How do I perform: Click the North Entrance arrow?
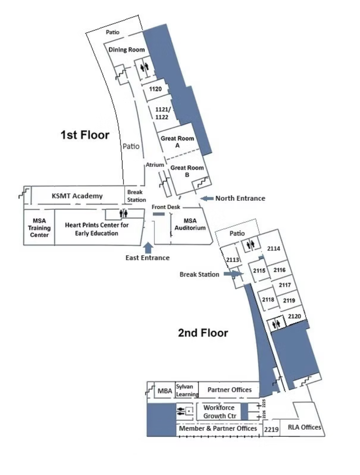click(x=207, y=198)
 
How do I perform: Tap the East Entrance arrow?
click(x=148, y=247)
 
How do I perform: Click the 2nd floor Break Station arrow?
click(x=233, y=274)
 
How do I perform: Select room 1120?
click(x=156, y=89)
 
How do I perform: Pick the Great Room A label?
click(x=178, y=142)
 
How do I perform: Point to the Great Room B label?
click(x=187, y=171)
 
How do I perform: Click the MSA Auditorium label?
click(x=190, y=224)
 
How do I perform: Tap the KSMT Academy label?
click(x=77, y=196)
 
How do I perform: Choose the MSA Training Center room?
click(x=39, y=228)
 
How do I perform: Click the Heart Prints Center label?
click(x=97, y=229)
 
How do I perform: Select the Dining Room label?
click(x=127, y=50)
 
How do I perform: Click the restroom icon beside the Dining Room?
click(x=144, y=66)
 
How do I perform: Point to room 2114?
click(x=273, y=248)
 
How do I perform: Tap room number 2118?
click(x=268, y=300)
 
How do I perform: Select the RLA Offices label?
click(x=304, y=427)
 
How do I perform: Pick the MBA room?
click(x=165, y=391)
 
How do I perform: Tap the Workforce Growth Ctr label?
click(x=220, y=411)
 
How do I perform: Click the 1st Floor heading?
click(x=85, y=135)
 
